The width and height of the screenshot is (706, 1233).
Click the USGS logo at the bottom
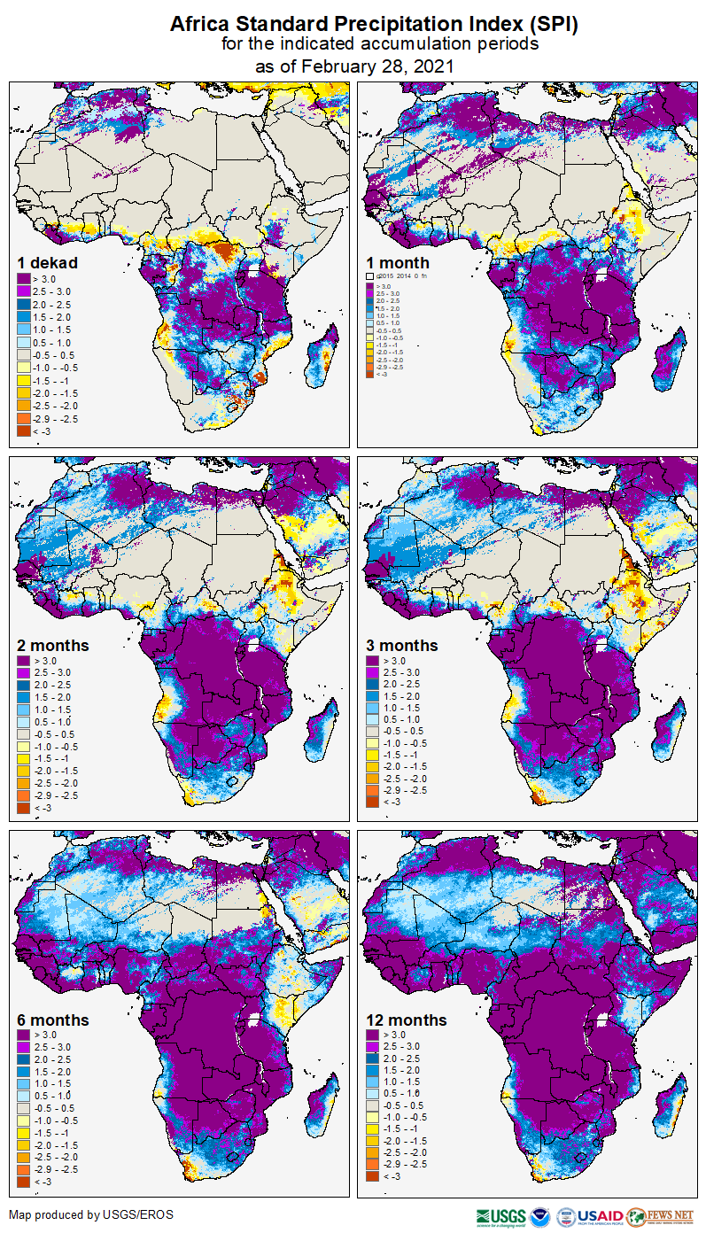pyautogui.click(x=500, y=1216)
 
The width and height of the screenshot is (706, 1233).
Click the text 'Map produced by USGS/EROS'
pyautogui.click(x=91, y=1214)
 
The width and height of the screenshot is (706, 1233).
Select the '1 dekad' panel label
pyautogui.click(x=47, y=262)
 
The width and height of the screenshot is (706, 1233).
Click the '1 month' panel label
pyautogui.click(x=398, y=262)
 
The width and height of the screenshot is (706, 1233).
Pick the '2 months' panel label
pyautogui.click(x=53, y=645)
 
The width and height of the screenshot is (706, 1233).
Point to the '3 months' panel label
pyautogui.click(x=402, y=645)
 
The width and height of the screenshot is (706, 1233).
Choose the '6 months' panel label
pyautogui.click(x=53, y=1020)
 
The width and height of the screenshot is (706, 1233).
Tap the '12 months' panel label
pyautogui.click(x=407, y=1020)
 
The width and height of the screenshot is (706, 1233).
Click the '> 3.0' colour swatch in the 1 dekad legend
pyautogui.click(x=24, y=280)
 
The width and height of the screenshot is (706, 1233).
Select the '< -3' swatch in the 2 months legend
pyautogui.click(x=24, y=808)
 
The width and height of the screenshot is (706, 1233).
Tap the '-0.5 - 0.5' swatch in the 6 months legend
pyautogui.click(x=24, y=1108)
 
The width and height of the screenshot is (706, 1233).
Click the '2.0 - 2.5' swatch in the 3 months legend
pyautogui.click(x=373, y=685)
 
